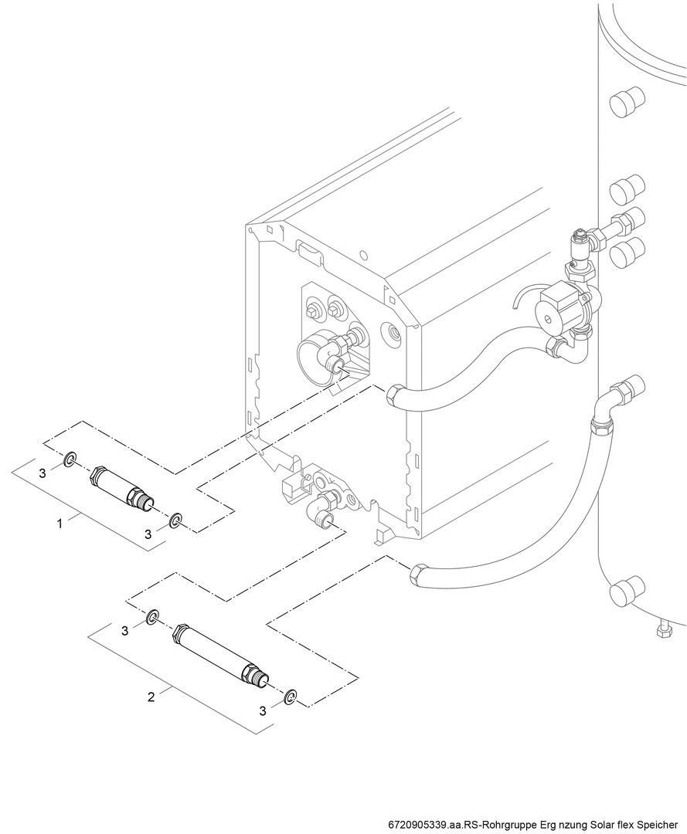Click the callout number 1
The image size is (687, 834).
click(60, 524)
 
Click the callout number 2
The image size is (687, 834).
click(151, 697)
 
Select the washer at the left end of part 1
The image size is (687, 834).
click(70, 459)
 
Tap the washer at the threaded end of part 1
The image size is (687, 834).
click(175, 520)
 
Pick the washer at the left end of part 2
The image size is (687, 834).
click(152, 616)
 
